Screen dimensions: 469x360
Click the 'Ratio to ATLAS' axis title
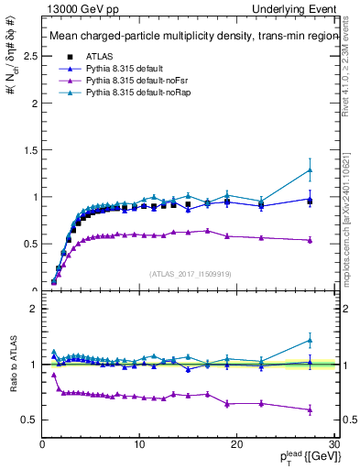12,365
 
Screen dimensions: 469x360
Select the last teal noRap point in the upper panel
310,169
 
